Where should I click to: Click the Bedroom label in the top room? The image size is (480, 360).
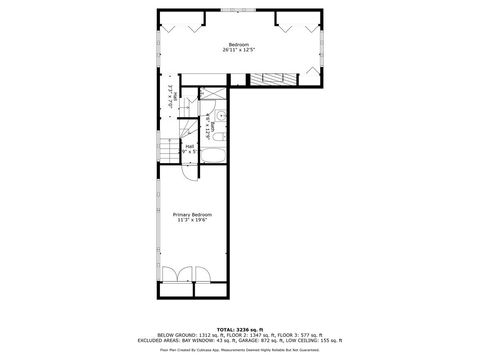click(238, 44)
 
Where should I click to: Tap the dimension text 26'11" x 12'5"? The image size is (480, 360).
click(238, 50)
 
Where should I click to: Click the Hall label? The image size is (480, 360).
click(190, 146)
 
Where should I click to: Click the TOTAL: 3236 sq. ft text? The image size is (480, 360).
click(239, 328)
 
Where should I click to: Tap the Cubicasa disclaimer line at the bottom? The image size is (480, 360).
click(239, 350)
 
